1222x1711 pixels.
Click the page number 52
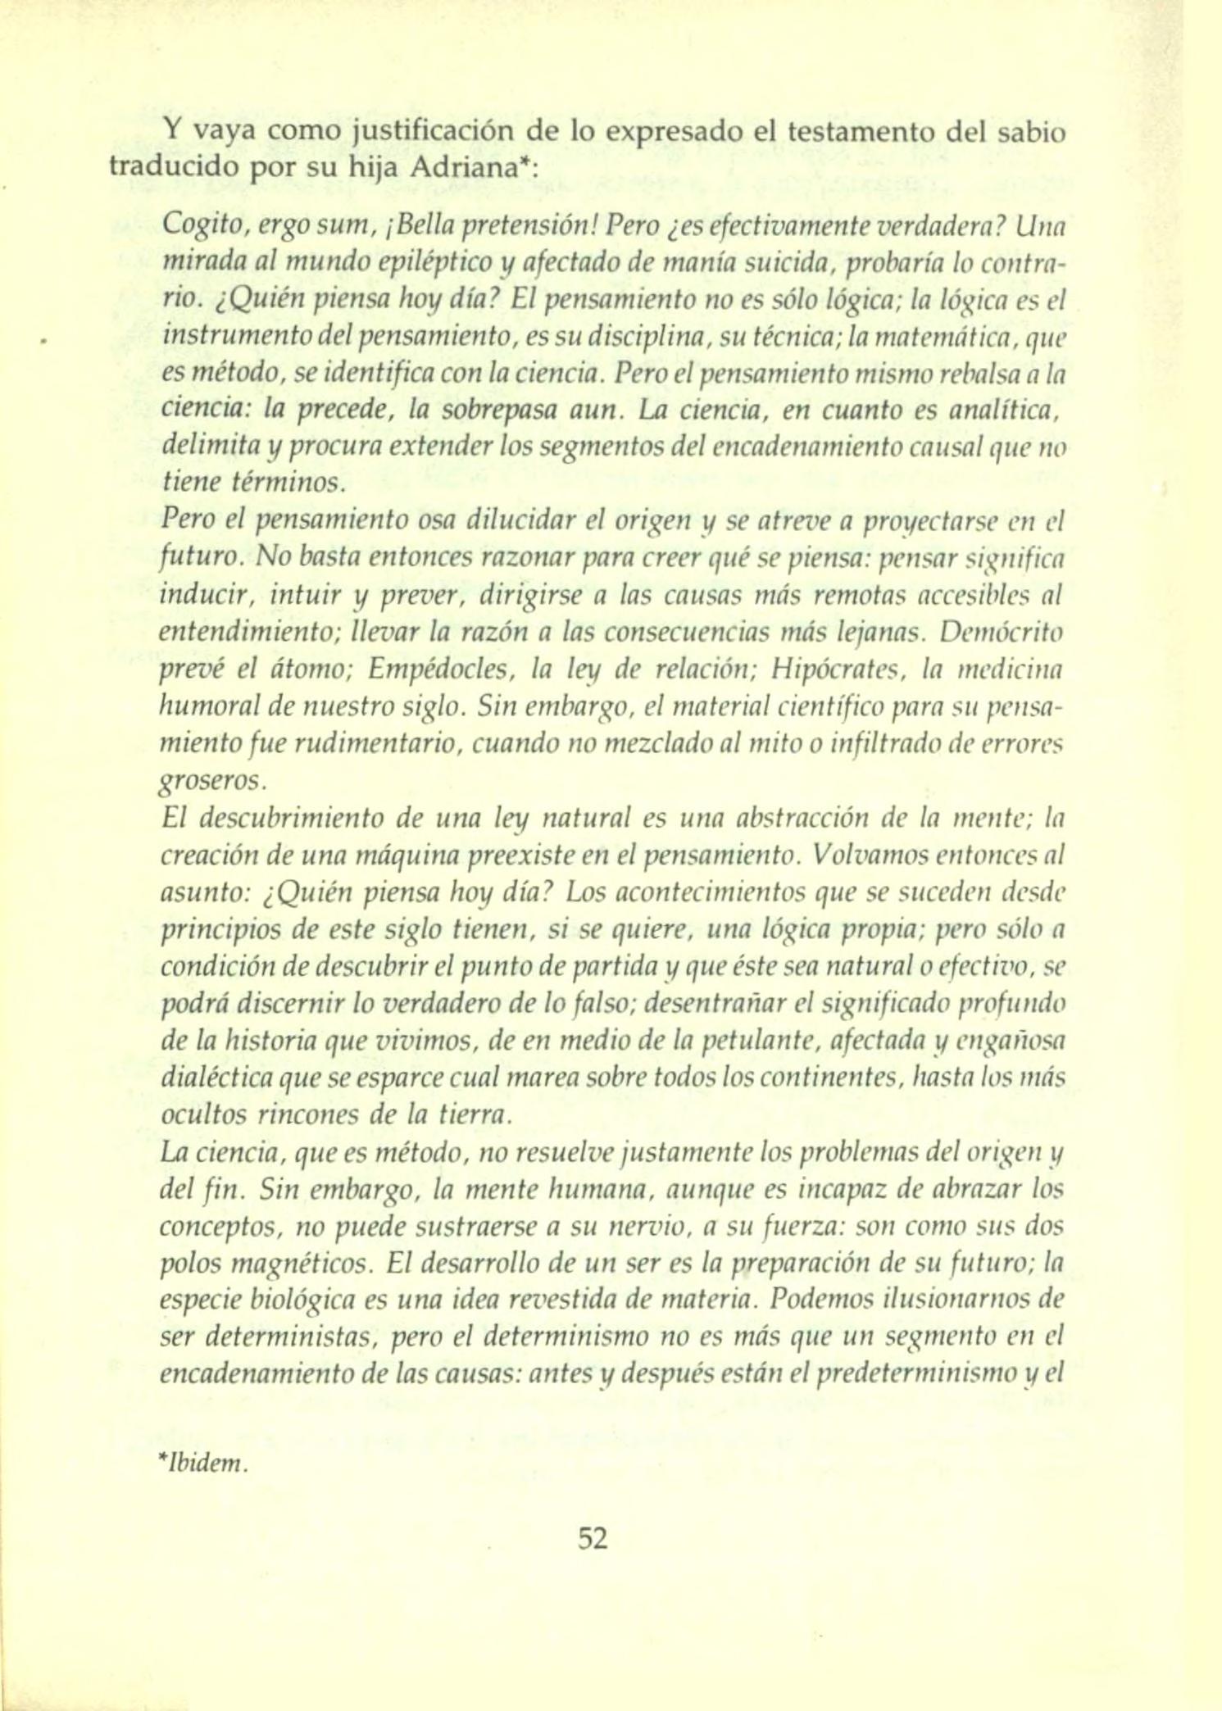(x=593, y=1538)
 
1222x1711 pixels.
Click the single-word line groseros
(x=211, y=782)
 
